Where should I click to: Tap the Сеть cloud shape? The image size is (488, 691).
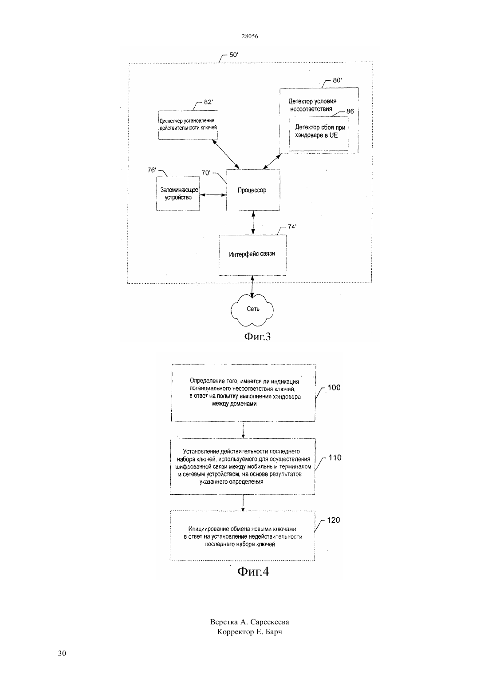(252, 310)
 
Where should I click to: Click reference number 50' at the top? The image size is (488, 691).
(233, 55)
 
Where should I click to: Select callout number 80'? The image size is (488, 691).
(337, 80)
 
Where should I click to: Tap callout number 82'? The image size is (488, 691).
(208, 102)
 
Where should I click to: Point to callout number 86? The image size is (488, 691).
(350, 111)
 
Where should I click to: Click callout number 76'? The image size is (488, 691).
(152, 170)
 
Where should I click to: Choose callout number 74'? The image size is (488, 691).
(292, 227)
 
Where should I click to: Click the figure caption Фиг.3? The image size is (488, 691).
(257, 337)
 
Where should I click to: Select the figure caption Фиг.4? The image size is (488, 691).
(253, 572)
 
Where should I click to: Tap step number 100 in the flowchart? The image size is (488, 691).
(334, 388)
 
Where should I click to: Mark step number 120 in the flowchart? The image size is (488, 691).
(333, 520)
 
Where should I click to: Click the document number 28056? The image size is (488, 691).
(250, 36)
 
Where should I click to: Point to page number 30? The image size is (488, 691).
(62, 653)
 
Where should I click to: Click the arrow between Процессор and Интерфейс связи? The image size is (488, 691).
(253, 223)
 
